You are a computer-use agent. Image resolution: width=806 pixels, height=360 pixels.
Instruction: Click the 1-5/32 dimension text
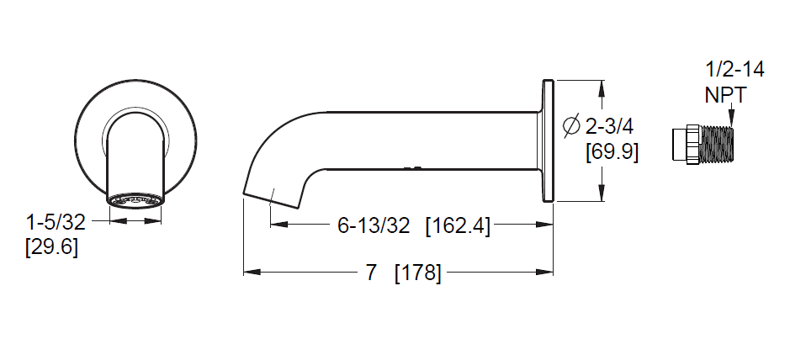56,222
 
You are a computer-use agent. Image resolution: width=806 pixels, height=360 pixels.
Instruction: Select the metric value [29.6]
52,247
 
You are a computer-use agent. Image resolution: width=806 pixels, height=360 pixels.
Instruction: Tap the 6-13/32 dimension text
374,225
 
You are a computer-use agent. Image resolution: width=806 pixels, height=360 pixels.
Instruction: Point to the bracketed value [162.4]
458,225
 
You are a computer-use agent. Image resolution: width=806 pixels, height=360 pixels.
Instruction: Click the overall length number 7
371,273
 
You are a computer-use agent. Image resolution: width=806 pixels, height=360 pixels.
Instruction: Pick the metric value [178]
418,273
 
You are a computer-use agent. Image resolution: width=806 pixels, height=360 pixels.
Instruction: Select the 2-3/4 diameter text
609,126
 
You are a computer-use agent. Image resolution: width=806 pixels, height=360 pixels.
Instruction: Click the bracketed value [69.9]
612,152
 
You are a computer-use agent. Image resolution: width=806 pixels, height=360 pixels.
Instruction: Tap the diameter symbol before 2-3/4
571,126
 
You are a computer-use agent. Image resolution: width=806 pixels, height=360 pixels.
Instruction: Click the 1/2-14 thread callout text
734,69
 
